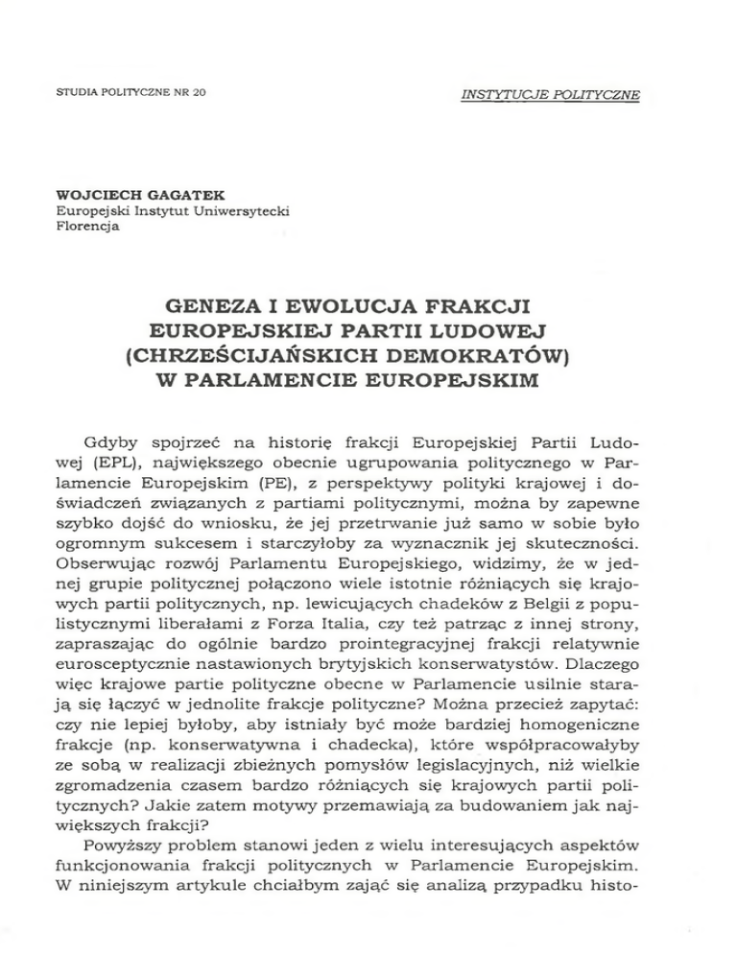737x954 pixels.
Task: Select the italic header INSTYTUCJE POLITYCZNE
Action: pos(552,94)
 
